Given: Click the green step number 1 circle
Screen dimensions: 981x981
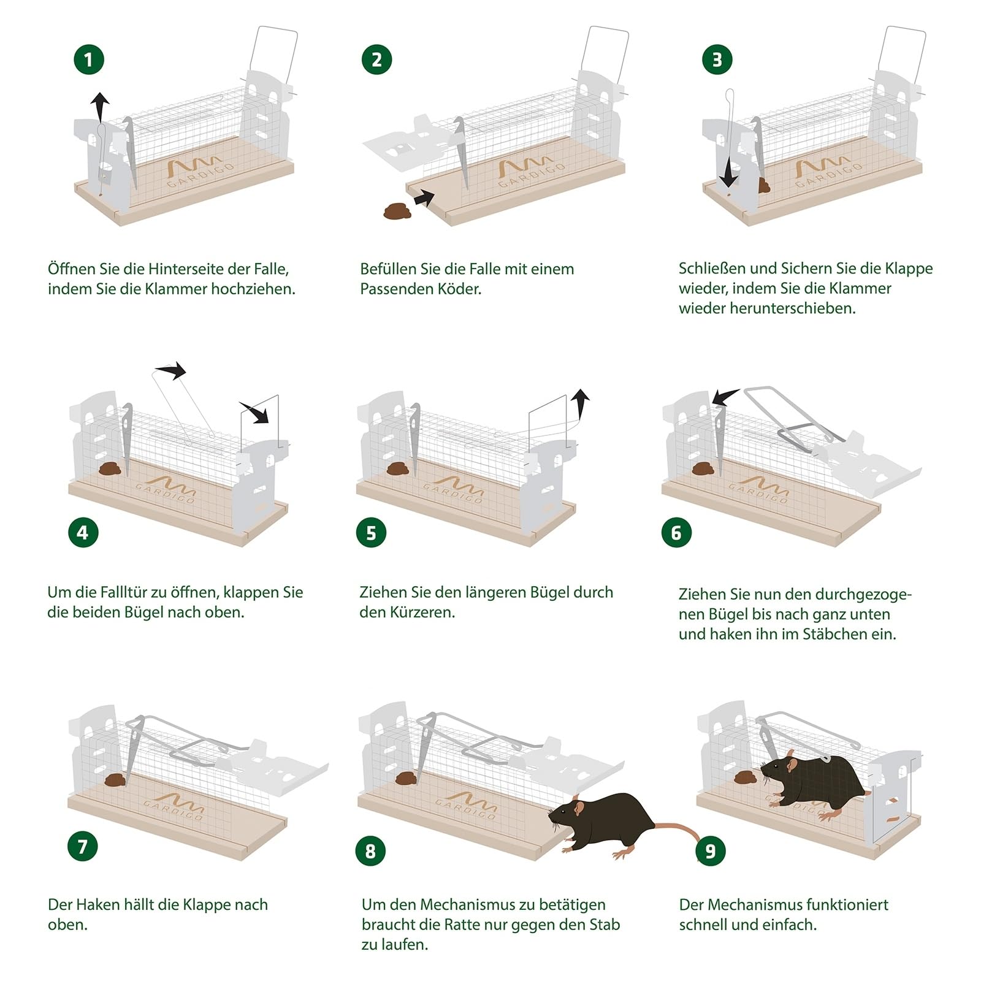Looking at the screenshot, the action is (x=89, y=59).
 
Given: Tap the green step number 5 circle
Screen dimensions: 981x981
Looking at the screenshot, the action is (x=371, y=533).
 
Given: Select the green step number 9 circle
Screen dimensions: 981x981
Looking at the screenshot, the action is (x=711, y=850).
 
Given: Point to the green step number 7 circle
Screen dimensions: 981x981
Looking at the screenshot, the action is (x=83, y=847).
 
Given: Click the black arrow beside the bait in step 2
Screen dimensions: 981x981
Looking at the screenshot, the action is (x=424, y=198).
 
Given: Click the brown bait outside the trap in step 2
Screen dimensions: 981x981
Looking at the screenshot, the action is (x=397, y=212).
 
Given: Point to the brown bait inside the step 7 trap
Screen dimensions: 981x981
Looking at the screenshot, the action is (x=115, y=780).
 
